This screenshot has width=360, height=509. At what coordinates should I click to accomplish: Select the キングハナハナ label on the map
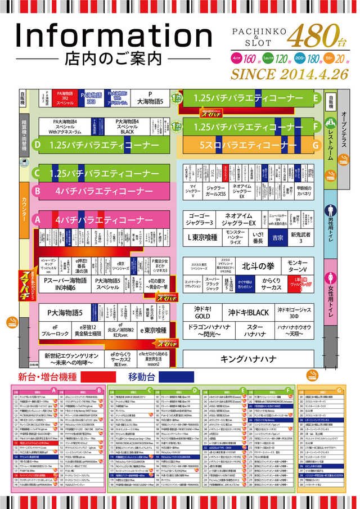(247, 359)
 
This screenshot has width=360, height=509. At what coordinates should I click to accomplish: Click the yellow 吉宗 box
(277, 238)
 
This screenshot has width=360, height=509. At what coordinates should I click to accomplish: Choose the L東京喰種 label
(202, 237)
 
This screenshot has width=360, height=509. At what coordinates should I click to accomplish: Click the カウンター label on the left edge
(24, 209)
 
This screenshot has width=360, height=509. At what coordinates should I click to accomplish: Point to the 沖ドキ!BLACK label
(248, 312)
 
